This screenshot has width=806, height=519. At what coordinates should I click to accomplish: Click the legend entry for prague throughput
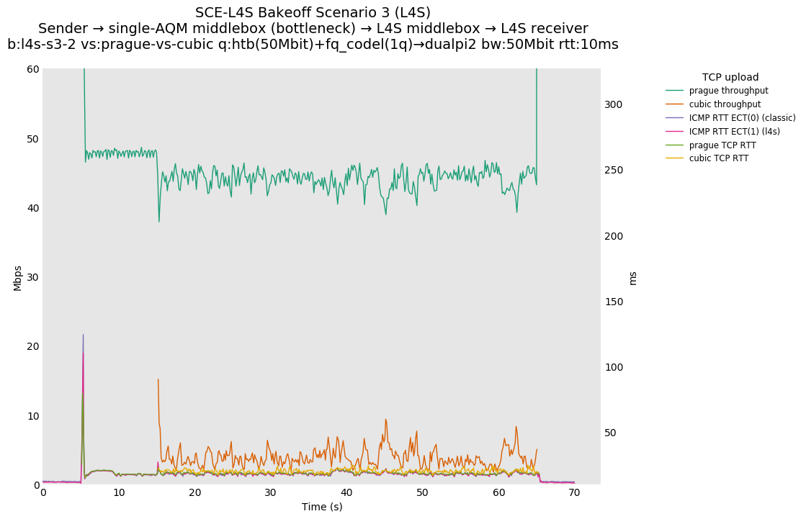[728, 91]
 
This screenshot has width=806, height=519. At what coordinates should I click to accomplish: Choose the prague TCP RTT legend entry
[722, 145]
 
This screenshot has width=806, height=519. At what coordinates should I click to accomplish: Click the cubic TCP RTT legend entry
[718, 158]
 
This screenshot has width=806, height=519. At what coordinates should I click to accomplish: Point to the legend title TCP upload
[730, 77]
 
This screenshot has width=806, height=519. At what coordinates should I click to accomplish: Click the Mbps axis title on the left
[17, 278]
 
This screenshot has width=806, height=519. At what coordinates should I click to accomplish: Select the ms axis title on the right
[632, 278]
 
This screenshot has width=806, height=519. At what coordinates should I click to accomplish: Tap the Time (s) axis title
[322, 507]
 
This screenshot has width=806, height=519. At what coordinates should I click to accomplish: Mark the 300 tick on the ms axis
[613, 104]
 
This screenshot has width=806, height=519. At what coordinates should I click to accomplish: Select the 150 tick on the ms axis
[613, 302]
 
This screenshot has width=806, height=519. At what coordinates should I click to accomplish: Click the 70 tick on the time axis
[574, 493]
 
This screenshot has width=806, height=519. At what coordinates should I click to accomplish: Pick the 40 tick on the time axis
[346, 493]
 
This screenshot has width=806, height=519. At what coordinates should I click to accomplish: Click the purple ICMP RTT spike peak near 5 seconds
[83, 335]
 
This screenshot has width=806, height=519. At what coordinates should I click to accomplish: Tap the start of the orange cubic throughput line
[158, 379]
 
